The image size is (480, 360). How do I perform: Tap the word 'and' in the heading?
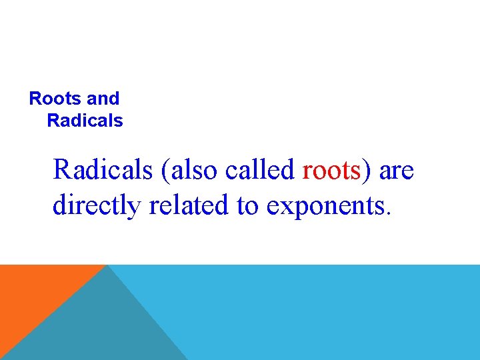click(x=103, y=99)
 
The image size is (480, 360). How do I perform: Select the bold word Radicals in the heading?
click(x=85, y=121)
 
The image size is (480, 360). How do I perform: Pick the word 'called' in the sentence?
click(x=261, y=170)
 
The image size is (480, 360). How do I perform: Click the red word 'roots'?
click(x=331, y=171)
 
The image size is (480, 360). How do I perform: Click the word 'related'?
click(x=189, y=205)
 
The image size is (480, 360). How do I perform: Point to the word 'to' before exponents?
click(x=247, y=206)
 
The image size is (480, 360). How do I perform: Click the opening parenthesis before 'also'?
click(x=165, y=171)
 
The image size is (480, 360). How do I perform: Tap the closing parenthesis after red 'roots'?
click(x=366, y=171)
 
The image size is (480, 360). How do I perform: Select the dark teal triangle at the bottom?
click(x=100, y=327)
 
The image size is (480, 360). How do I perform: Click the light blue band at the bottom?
click(x=333, y=313)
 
